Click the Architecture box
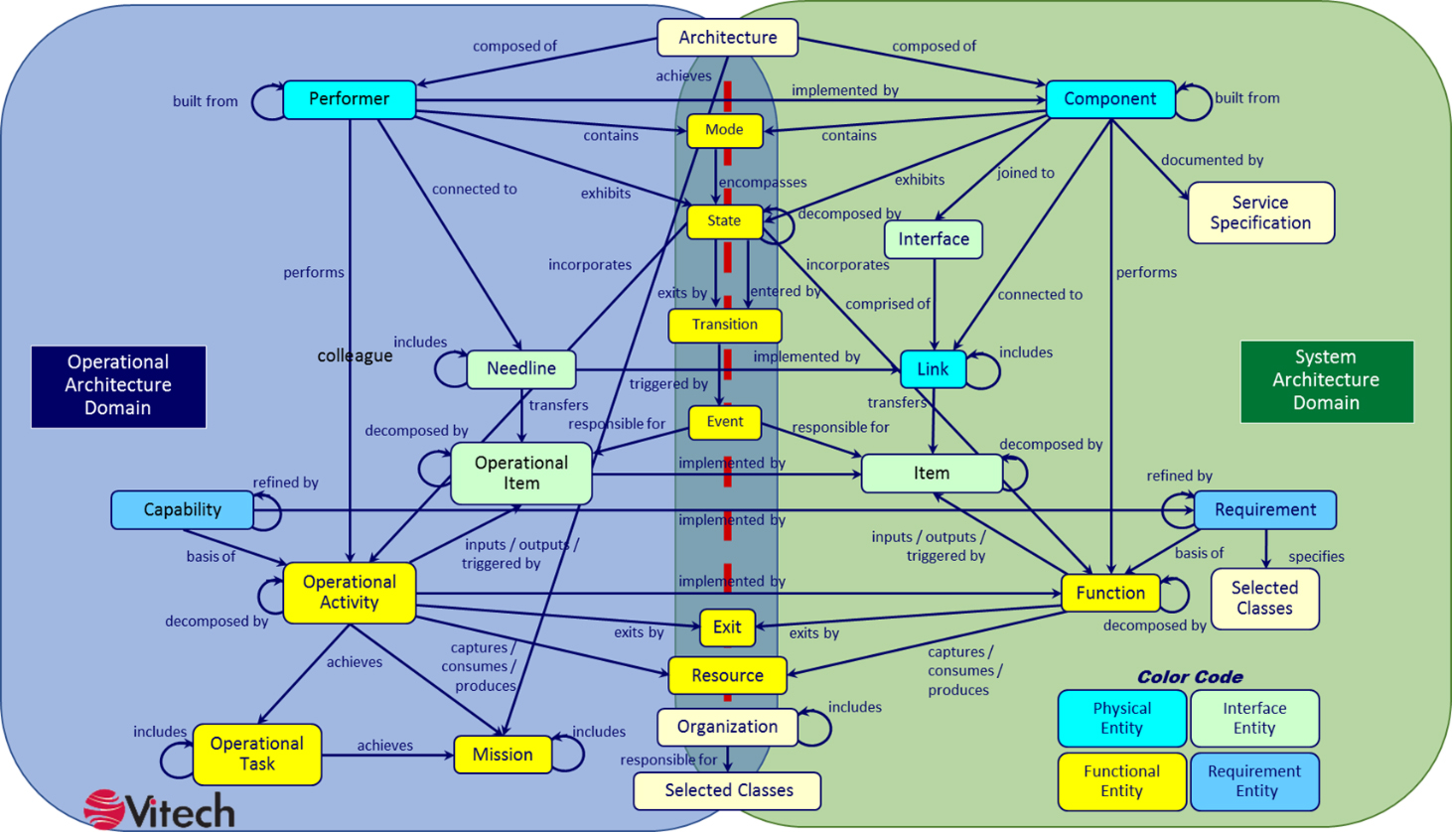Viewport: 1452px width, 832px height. [727, 38]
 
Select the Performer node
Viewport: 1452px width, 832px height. [350, 99]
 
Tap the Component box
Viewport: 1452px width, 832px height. [1110, 99]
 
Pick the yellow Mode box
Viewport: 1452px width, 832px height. [725, 130]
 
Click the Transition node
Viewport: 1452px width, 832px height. [725, 326]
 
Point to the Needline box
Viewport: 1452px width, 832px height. [521, 369]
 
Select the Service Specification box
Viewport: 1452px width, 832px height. [1260, 212]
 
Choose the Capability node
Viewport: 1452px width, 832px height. [182, 510]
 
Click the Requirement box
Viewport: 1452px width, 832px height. [1264, 510]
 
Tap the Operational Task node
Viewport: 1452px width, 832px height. [256, 755]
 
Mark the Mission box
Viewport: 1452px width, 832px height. [503, 755]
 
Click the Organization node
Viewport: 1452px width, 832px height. [727, 727]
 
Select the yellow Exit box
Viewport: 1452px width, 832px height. [727, 627]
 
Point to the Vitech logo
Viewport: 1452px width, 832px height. [160, 810]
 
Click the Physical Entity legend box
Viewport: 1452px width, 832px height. [1122, 719]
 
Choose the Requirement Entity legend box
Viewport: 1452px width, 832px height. [1255, 781]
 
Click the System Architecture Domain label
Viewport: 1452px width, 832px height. [1327, 381]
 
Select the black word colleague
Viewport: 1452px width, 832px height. [355, 355]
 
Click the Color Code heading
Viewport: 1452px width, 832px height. [1190, 677]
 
